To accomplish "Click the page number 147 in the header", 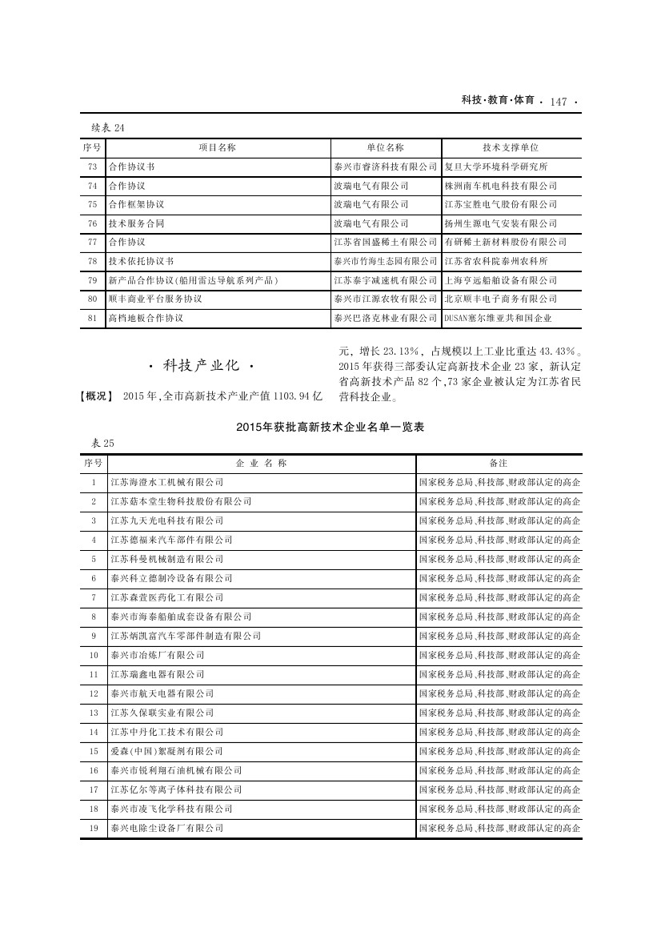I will click(x=559, y=102).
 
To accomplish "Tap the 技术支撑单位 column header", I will click(x=510, y=147).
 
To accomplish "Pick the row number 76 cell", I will click(x=93, y=223).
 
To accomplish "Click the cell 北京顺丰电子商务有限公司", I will click(x=500, y=299).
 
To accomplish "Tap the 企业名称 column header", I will click(x=261, y=463).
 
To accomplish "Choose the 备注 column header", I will click(x=499, y=463).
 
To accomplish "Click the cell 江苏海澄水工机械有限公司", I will click(x=166, y=482).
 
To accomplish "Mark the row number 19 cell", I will click(x=93, y=828).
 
